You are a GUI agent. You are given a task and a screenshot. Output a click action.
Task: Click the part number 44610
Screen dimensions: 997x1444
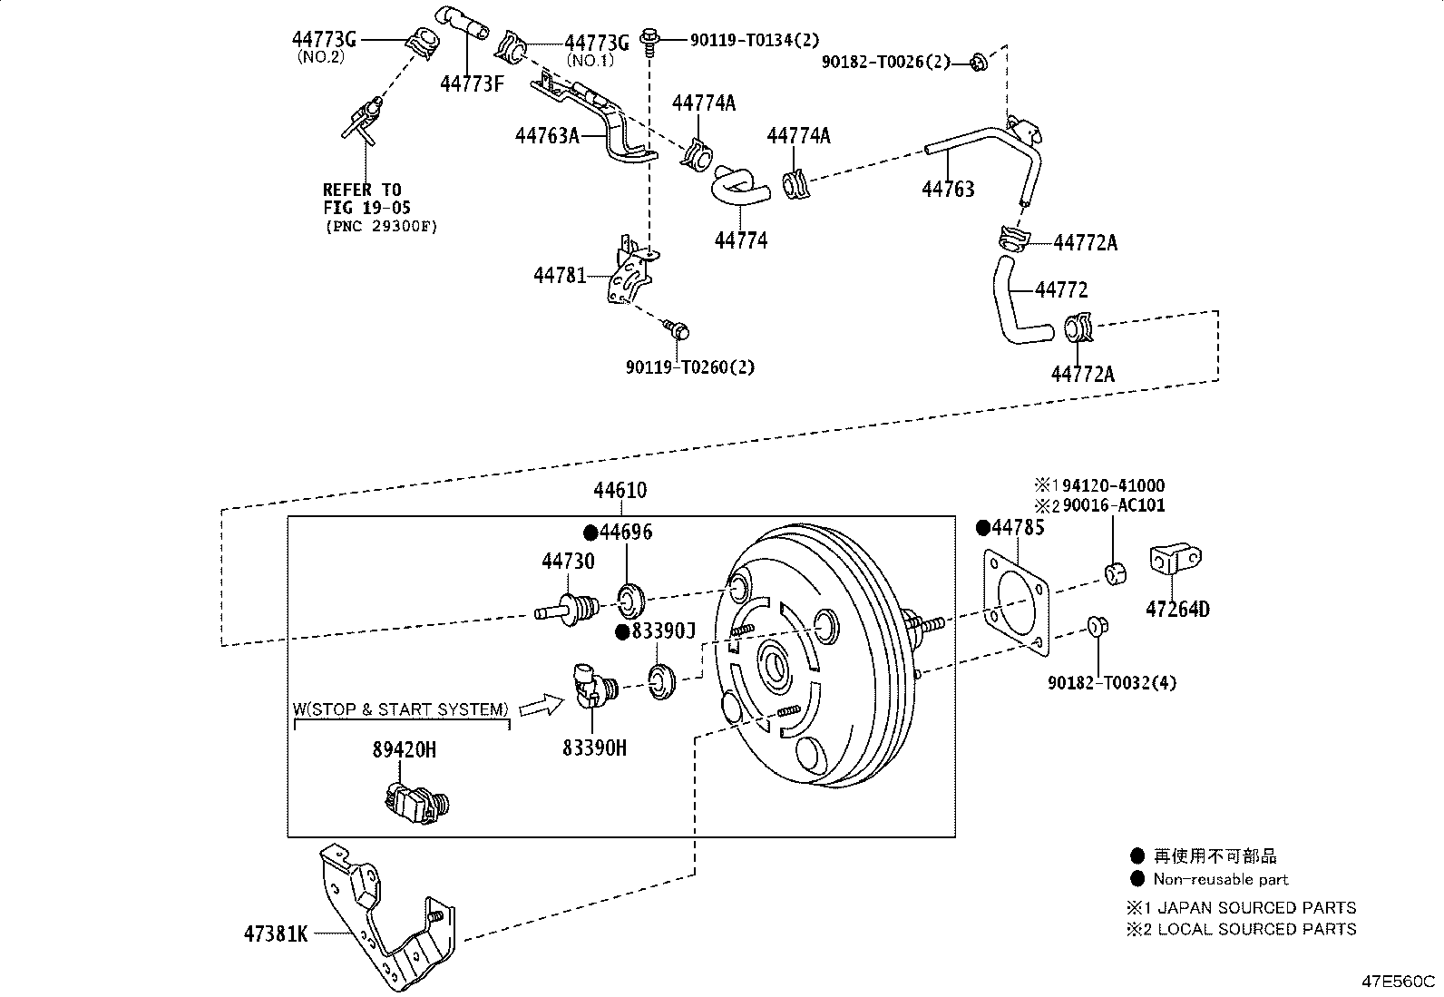[x=620, y=491]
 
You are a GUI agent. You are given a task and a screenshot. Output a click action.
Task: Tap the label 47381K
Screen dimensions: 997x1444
[x=275, y=933]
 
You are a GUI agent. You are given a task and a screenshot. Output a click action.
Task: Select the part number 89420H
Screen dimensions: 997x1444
[x=404, y=749]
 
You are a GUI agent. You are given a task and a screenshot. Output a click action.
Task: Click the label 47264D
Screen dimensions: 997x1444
[x=1177, y=610]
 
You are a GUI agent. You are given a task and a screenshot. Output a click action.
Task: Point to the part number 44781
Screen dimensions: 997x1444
[x=560, y=275]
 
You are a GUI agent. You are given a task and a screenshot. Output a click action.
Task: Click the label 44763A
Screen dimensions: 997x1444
[x=547, y=136]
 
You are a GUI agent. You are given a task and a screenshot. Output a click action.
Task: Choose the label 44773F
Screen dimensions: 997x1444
[x=472, y=83]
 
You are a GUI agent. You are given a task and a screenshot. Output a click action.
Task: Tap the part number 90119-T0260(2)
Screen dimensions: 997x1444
[x=690, y=367]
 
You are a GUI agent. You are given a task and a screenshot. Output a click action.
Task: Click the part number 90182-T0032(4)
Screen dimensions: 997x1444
[x=1112, y=683]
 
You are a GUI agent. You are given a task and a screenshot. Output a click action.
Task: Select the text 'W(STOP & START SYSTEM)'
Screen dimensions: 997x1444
[x=400, y=709]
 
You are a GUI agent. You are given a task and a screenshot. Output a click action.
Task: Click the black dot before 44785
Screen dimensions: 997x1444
[x=981, y=528]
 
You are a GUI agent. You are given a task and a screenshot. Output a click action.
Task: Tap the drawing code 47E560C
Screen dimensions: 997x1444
[x=1397, y=982]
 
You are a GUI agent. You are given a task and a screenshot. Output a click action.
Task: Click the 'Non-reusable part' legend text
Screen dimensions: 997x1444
[x=1220, y=879]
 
